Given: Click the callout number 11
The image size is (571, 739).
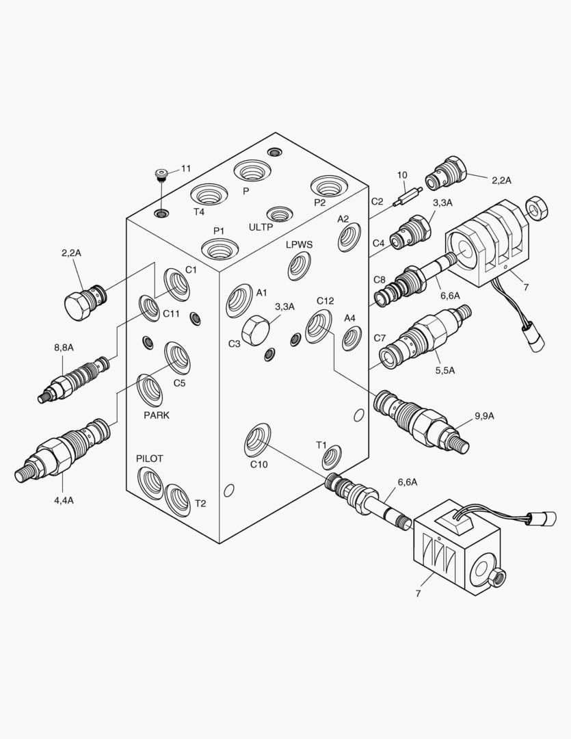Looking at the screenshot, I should pyautogui.click(x=186, y=168).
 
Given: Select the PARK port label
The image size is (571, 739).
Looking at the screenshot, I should pyautogui.click(x=157, y=415).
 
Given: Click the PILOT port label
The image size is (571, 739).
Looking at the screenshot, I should pyautogui.click(x=149, y=458).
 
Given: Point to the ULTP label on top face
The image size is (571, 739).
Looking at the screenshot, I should pyautogui.click(x=261, y=226).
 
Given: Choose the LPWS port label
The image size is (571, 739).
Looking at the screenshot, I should pyautogui.click(x=300, y=244).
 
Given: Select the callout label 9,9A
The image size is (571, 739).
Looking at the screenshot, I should pyautogui.click(x=484, y=415).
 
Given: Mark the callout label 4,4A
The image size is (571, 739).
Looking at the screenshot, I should pyautogui.click(x=64, y=500).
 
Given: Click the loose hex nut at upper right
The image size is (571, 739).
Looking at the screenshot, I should pyautogui.click(x=535, y=208).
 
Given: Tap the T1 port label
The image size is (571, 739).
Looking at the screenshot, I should pyautogui.click(x=321, y=445).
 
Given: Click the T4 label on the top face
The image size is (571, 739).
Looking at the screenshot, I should pyautogui.click(x=198, y=211).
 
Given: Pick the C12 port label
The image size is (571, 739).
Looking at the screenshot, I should pyautogui.click(x=325, y=301).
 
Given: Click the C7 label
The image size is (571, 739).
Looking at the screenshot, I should pyautogui.click(x=380, y=338).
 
